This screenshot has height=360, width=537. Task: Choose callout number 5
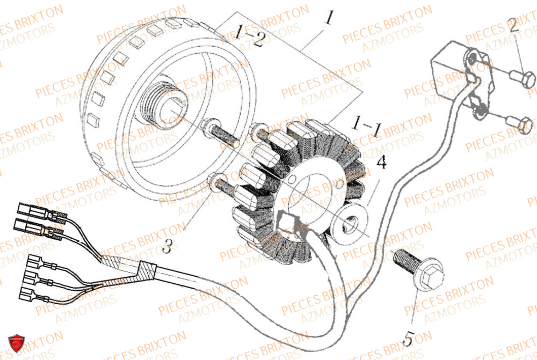[409, 339]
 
